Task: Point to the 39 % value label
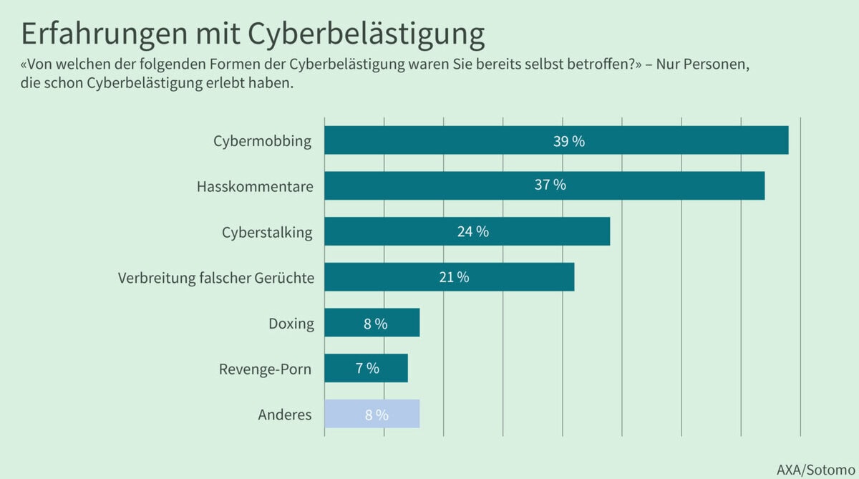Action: [569, 141]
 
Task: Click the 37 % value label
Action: [550, 185]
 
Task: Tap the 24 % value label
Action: [472, 232]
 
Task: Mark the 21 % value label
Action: [454, 277]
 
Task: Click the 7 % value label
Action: [367, 368]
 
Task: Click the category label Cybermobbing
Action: [262, 141]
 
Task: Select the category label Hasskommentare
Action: [255, 187]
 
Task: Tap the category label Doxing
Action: [291, 324]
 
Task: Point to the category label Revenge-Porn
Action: [265, 370]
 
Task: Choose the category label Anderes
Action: [284, 415]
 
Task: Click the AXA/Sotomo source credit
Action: [815, 469]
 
